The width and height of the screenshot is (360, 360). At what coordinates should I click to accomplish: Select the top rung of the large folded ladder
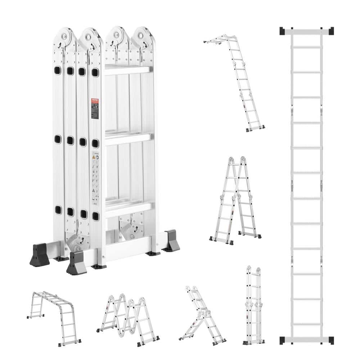point(127,70)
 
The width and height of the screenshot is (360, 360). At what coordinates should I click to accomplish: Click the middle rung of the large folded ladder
point(127,139)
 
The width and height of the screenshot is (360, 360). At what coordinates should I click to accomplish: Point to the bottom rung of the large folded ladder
point(127,209)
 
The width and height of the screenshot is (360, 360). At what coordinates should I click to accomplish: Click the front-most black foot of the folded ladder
point(76,262)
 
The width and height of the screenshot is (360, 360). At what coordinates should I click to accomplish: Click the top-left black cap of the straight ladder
point(283,31)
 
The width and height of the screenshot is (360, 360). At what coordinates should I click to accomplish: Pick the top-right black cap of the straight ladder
point(330,31)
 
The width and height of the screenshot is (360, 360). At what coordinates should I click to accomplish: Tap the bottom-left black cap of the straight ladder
point(283,340)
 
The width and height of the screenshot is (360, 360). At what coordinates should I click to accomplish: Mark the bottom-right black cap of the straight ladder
point(330,340)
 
